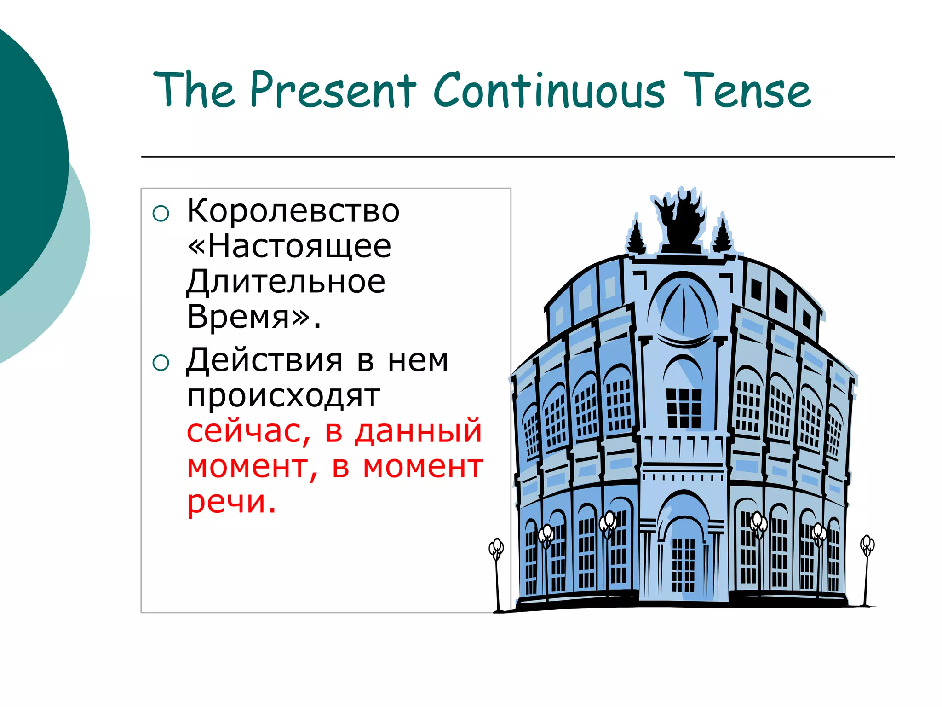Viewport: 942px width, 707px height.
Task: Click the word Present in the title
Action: pos(333,90)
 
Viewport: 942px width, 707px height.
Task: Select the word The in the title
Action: pos(193,90)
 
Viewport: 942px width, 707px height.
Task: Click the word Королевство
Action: pos(293,211)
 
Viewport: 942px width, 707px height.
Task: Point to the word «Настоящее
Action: pos(289,246)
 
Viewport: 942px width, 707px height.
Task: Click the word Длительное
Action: pos(286,282)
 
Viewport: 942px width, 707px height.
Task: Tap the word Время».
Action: pos(253,317)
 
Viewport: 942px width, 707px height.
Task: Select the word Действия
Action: pos(264,360)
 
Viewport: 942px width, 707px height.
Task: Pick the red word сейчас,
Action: pos(249,431)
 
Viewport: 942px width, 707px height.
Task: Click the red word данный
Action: pos(418,431)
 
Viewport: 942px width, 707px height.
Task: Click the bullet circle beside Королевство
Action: pos(161,214)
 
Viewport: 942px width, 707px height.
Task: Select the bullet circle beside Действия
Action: pos(161,363)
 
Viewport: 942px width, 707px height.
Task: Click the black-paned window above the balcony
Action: pos(684,408)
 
